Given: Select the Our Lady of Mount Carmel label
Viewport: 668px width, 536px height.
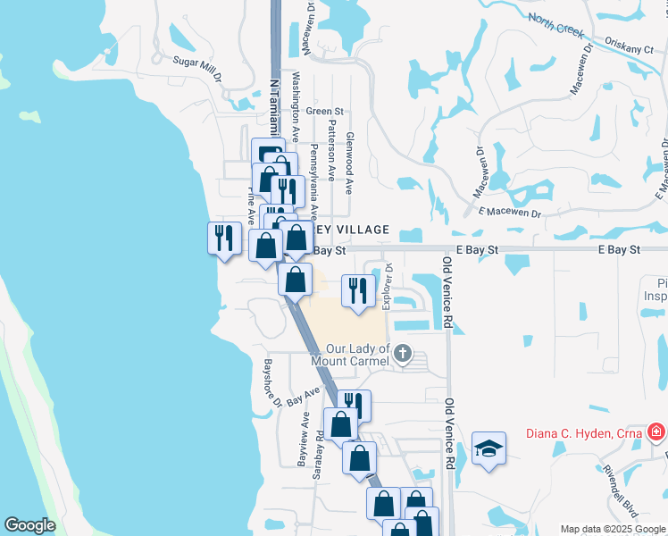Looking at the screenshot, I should [x=357, y=355].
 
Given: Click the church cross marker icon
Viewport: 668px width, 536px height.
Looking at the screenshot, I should [x=403, y=354].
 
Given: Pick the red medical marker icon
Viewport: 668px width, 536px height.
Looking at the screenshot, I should [x=656, y=433].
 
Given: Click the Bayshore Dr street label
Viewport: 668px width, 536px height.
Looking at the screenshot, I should [x=271, y=382].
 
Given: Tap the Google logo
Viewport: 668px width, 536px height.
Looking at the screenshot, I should [x=29, y=526].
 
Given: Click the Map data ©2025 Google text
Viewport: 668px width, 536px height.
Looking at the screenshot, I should [x=613, y=529].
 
